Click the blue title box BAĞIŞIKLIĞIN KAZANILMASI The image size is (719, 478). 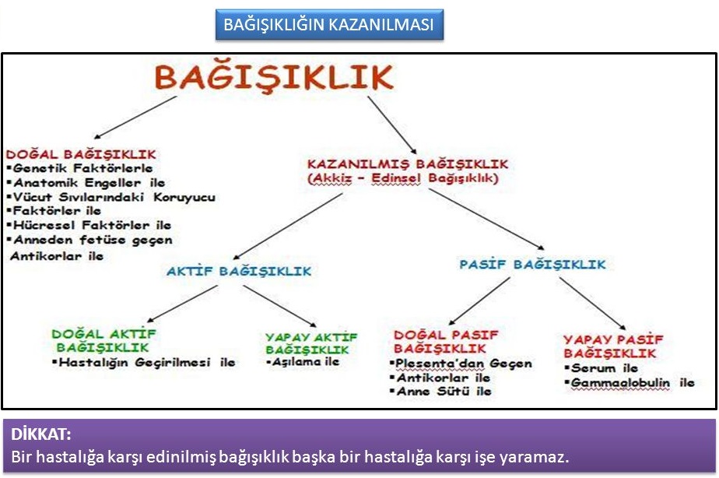329,24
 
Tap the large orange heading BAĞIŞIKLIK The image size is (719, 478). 274,76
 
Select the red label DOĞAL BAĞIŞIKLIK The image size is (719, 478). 81,154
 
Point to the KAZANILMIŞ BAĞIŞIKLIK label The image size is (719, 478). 408,163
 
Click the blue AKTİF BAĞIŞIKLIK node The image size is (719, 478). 239,271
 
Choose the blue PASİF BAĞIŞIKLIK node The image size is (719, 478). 533,264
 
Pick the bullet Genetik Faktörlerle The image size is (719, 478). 80,168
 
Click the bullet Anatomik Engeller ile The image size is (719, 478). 86,183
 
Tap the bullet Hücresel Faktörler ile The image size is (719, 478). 89,225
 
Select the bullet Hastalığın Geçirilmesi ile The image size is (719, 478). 144,363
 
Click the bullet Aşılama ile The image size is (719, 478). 303,362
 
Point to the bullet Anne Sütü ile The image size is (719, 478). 440,392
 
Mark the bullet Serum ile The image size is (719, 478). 602,368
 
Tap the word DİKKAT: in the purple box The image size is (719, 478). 40,434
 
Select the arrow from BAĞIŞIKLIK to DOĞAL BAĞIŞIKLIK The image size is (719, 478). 135,117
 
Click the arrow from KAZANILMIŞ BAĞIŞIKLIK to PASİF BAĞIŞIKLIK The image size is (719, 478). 486,220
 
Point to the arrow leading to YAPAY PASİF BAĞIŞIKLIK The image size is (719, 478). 592,303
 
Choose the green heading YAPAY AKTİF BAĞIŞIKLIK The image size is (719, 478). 311,343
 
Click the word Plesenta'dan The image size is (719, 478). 440,364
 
